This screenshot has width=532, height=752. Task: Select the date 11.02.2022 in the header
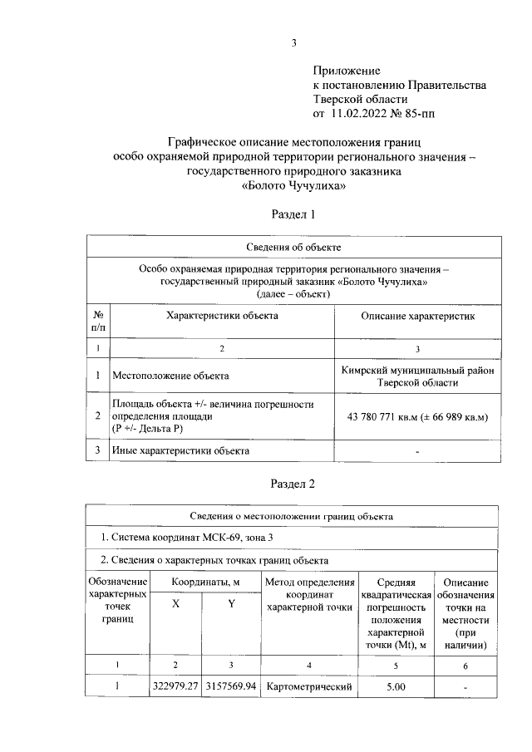coord(362,113)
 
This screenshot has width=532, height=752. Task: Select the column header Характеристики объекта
coord(222,316)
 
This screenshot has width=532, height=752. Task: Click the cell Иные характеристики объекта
coord(180,451)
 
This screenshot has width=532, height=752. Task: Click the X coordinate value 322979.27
coord(175,686)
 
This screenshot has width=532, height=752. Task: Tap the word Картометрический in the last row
coord(309,686)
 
